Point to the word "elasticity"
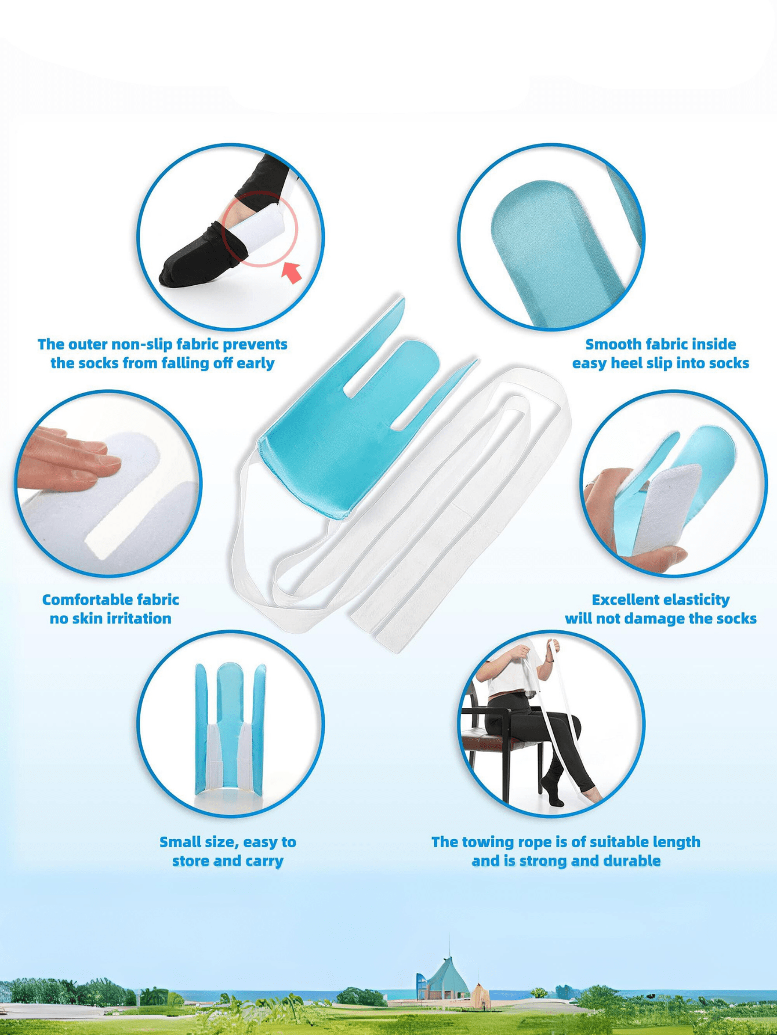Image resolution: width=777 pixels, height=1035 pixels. click(695, 600)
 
